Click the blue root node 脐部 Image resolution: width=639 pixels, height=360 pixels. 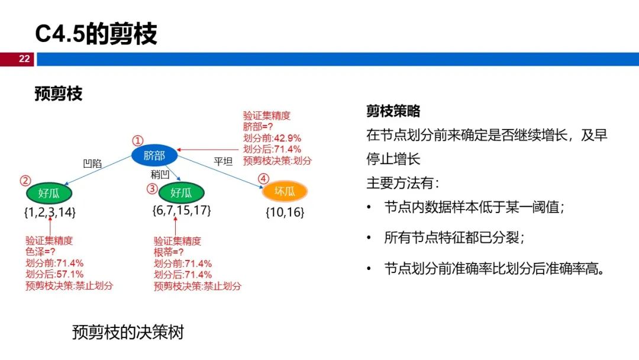pos(154,156)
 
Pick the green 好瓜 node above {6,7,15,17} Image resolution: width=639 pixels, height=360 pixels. pos(181,192)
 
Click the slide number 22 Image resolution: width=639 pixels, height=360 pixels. pos(24,59)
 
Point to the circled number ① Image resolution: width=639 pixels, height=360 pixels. pos(137,141)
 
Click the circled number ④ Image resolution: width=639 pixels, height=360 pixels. pos(263,178)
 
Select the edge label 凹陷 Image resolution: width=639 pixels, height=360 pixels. pos(93,164)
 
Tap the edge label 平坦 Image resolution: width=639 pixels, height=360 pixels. pos(223,160)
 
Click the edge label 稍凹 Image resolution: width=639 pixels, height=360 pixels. pos(160,174)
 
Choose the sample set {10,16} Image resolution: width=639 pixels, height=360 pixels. pos(285,213)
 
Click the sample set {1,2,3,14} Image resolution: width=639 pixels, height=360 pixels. pos(50,212)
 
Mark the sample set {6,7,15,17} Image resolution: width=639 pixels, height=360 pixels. pos(182,210)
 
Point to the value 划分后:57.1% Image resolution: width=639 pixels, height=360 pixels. pos(54,274)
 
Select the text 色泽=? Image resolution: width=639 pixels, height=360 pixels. pos(40,252)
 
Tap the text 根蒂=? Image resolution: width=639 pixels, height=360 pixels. pos(169,252)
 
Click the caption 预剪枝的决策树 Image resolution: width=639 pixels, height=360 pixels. pos(128,332)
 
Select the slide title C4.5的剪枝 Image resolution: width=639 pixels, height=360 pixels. pos(96,34)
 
